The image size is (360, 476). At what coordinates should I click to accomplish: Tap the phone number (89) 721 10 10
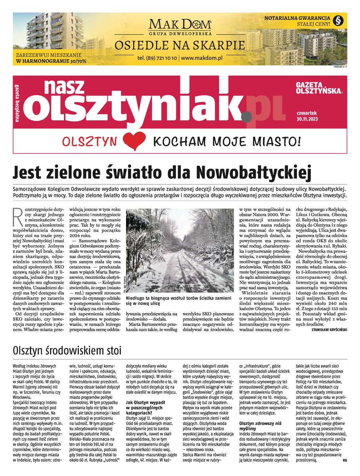[x=157, y=58]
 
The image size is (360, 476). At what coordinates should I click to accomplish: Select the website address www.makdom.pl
[x=202, y=58]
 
